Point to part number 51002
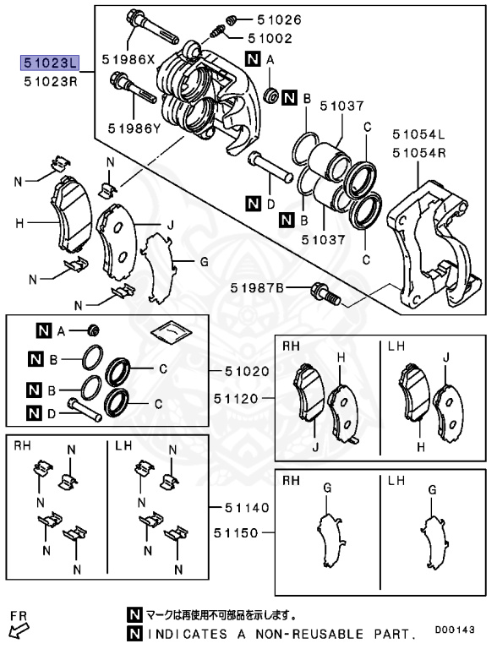269,38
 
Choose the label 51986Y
134,128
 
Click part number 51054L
418,134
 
